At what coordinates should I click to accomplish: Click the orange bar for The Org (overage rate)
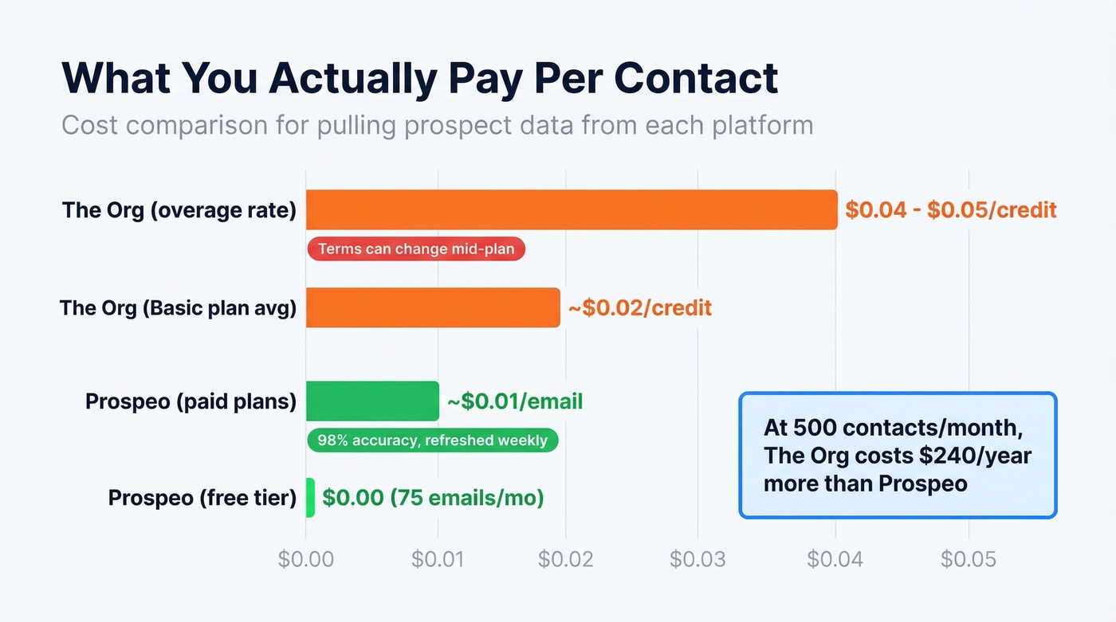571,210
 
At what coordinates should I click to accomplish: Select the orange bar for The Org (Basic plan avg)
433,307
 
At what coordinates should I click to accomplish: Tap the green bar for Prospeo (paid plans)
372,401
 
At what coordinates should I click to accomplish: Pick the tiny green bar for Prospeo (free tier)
310,498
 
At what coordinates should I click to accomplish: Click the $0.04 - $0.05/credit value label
950,210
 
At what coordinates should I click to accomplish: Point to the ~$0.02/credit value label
639,307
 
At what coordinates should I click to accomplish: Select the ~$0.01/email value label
515,401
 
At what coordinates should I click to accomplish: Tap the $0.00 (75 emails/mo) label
433,499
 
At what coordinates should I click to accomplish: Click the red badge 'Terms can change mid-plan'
416,249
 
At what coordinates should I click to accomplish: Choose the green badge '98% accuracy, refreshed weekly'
432,440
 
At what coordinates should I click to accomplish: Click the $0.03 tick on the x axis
697,559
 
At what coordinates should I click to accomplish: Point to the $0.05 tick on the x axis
968,559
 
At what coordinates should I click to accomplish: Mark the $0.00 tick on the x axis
305,559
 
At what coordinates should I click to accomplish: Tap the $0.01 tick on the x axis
438,559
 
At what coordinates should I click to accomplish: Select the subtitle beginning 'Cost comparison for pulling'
437,125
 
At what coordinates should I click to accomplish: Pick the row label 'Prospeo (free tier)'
202,499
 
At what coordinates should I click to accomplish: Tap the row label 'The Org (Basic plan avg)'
178,307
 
